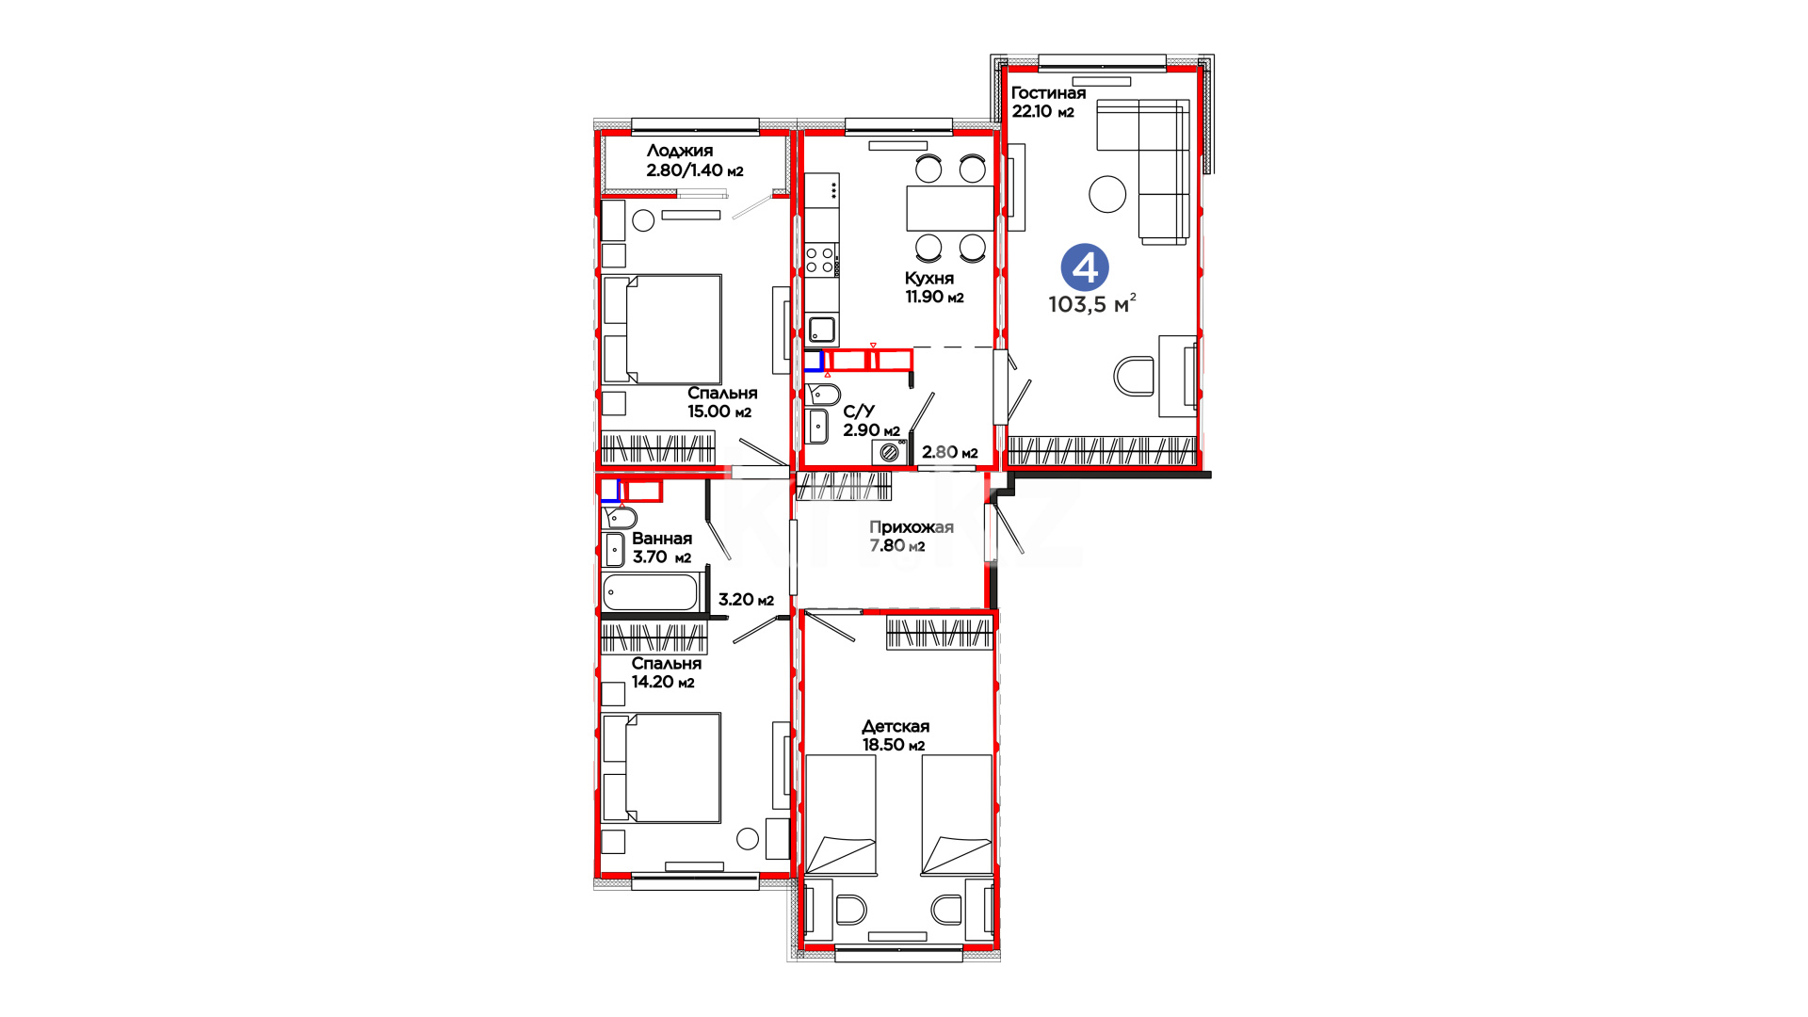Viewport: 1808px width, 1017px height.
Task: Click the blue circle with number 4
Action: (1085, 267)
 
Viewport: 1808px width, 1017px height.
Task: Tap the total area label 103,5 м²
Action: (1092, 304)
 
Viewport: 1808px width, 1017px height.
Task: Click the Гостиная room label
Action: (1048, 93)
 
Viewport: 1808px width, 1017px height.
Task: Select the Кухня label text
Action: (929, 279)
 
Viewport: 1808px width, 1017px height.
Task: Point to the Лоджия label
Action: (680, 151)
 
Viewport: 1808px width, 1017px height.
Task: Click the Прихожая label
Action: (912, 527)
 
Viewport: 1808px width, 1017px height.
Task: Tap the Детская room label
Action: (896, 726)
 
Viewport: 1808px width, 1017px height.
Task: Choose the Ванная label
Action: (662, 539)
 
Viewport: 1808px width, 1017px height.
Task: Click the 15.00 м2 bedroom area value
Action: (719, 412)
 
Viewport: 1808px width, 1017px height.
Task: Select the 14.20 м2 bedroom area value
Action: (663, 682)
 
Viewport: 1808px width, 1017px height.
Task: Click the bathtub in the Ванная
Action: (650, 592)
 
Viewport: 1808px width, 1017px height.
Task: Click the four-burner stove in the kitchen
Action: (820, 260)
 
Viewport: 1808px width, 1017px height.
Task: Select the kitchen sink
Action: (822, 330)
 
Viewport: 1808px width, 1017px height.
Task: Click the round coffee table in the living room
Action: (1107, 195)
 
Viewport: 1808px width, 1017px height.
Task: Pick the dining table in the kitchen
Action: (950, 208)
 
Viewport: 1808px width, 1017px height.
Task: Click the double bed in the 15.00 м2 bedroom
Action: (662, 330)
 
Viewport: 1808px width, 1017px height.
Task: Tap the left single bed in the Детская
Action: (841, 815)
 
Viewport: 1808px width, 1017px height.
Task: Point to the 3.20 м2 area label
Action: (746, 600)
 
